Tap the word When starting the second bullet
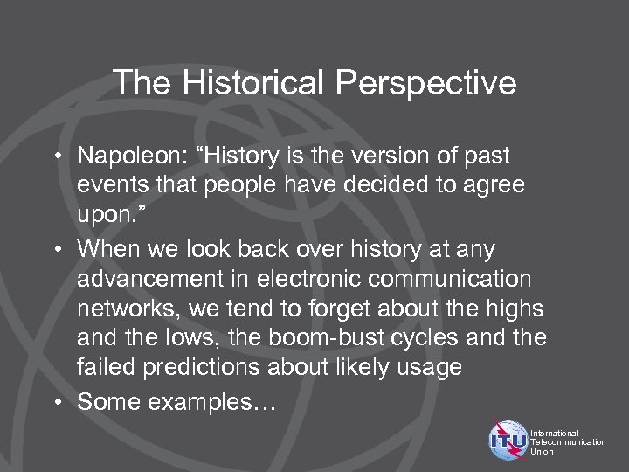tap(103, 251)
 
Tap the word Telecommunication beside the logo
tap(568, 443)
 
